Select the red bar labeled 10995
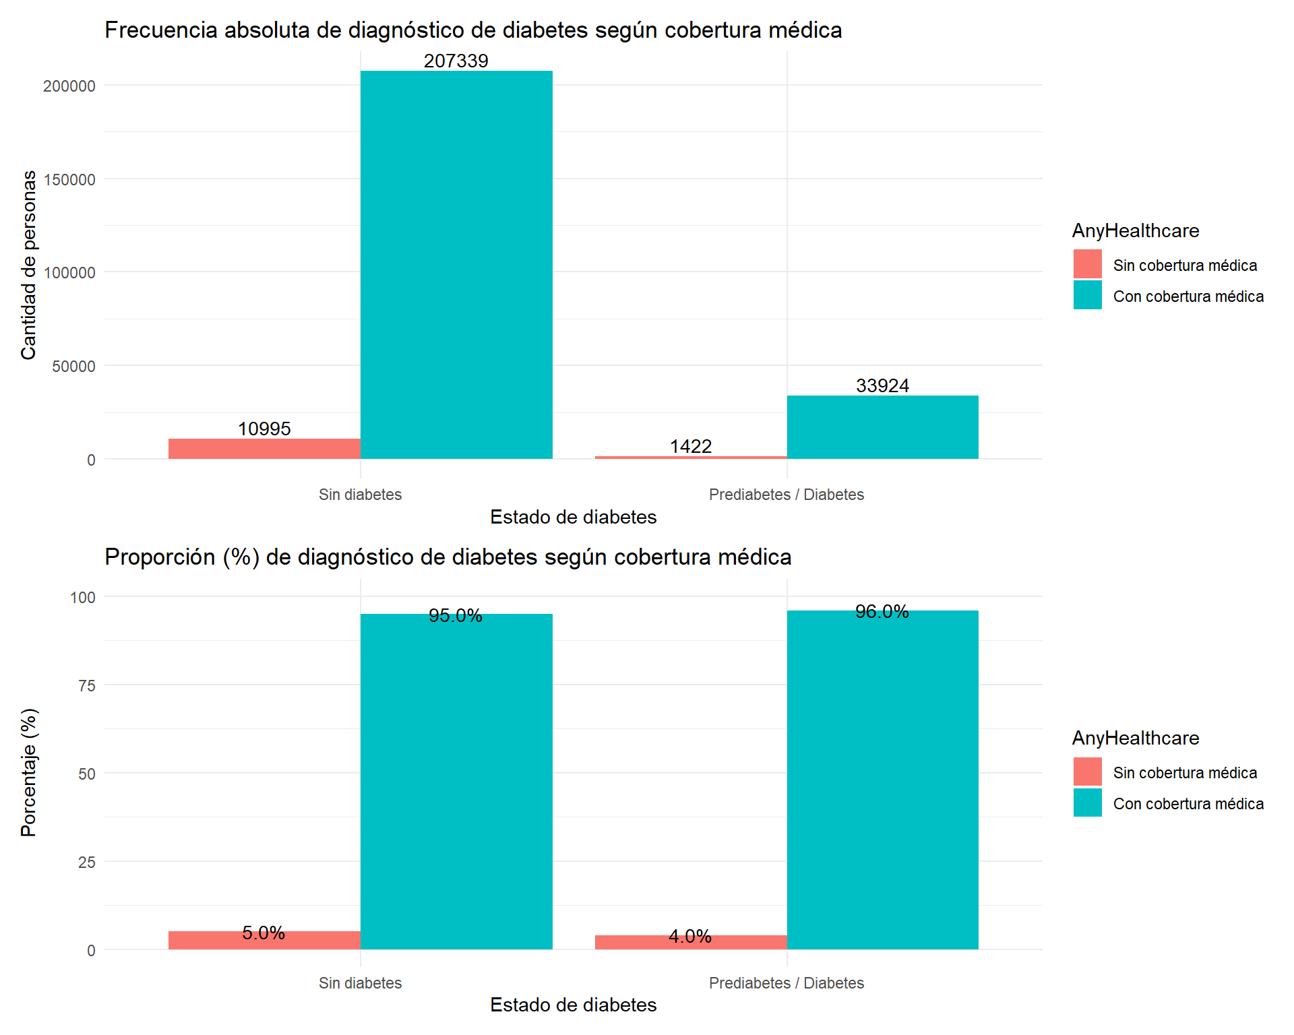[x=264, y=449]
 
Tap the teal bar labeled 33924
[x=882, y=427]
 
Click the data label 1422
[x=690, y=446]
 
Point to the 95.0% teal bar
[x=456, y=782]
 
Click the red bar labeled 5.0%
[x=264, y=941]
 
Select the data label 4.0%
[x=690, y=936]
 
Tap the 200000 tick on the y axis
[x=69, y=86]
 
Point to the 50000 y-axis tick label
[x=73, y=367]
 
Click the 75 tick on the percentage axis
[x=87, y=686]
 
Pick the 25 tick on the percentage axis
[x=87, y=862]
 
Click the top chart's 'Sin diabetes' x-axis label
[x=360, y=495]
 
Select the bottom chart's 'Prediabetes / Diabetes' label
[x=786, y=983]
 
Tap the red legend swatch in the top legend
[x=1087, y=264]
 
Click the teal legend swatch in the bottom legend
[x=1087, y=803]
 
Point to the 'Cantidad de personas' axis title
[x=28, y=265]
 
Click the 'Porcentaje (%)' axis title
[x=28, y=772]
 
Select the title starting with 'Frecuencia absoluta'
[x=473, y=30]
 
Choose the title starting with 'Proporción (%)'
[x=448, y=557]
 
